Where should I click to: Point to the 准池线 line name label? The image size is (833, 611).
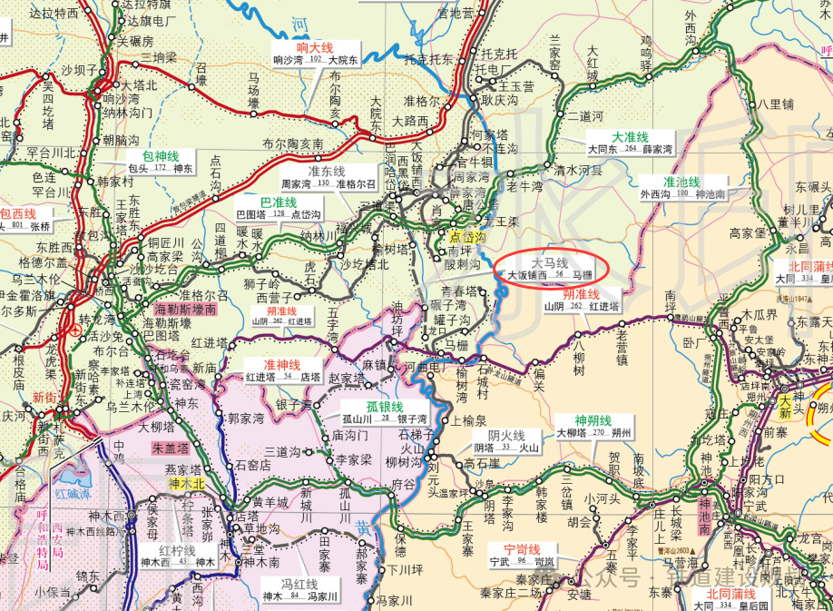681,182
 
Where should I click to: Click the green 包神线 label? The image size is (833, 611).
160,155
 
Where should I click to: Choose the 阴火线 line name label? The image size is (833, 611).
506,434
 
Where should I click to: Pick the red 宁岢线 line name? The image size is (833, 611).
522,549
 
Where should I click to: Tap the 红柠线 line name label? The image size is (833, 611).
177,550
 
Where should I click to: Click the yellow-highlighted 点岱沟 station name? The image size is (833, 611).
468,236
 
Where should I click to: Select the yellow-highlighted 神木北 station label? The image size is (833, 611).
187,485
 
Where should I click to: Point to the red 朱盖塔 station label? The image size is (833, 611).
170,448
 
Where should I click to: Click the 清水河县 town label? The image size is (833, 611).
579,170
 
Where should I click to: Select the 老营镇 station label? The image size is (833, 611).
622,346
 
